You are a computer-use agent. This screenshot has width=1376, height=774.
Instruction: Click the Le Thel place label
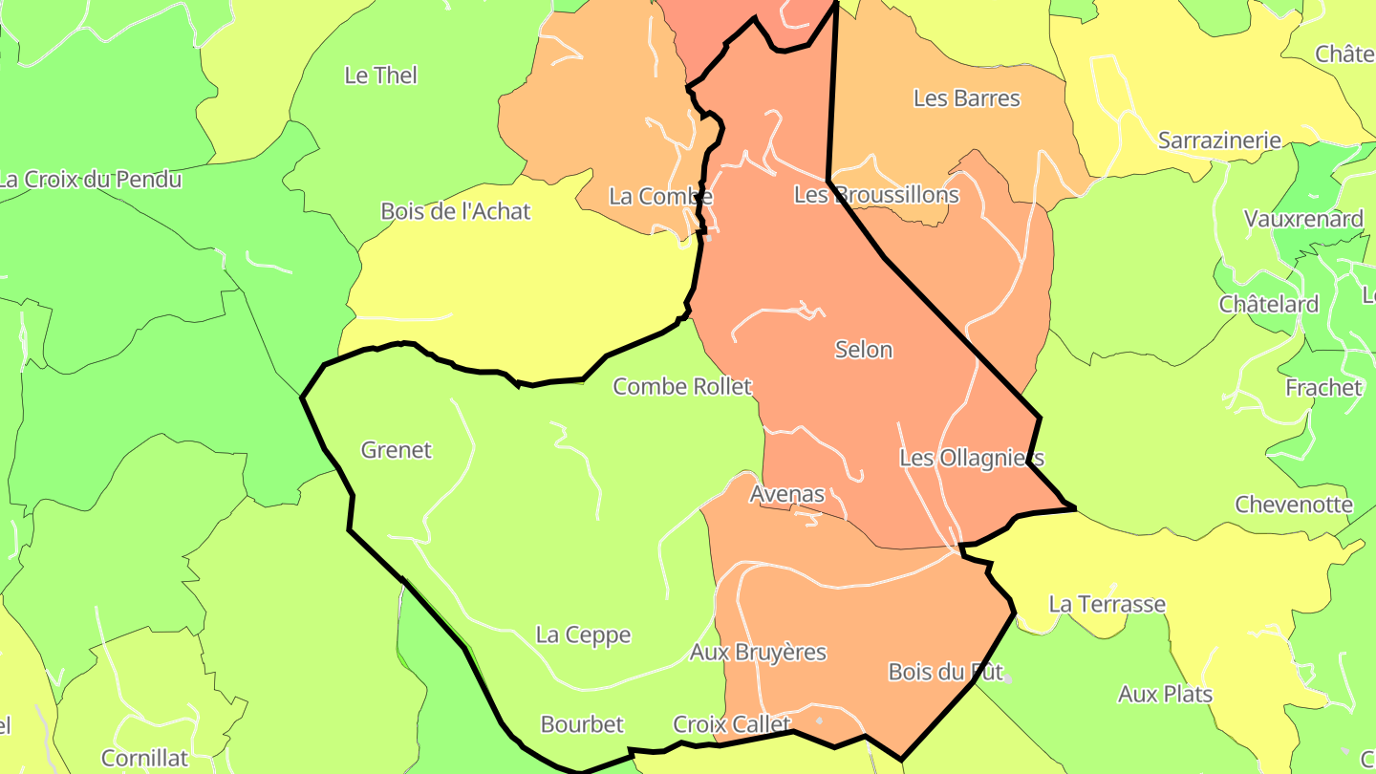point(380,75)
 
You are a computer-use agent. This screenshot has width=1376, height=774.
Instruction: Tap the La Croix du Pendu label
point(90,179)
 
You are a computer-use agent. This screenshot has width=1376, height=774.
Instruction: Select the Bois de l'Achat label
point(455,211)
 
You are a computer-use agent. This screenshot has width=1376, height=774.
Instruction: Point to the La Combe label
point(659,196)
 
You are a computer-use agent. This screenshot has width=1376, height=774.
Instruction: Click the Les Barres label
point(966,98)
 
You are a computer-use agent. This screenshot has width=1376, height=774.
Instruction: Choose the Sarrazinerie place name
point(1218,140)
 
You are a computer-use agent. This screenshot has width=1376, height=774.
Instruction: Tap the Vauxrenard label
point(1302,219)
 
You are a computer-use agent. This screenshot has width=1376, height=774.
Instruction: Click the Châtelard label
point(1268,305)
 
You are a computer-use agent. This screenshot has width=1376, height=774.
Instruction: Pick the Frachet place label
point(1322,388)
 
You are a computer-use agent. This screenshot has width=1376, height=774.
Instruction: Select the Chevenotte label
point(1293,505)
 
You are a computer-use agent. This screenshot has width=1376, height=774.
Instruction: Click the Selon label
point(863,350)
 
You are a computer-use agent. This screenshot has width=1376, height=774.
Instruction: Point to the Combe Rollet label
point(682,387)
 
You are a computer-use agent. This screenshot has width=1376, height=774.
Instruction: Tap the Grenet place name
point(396,450)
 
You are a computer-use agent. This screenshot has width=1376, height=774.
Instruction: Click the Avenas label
point(786,495)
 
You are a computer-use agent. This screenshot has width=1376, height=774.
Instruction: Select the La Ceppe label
point(583,635)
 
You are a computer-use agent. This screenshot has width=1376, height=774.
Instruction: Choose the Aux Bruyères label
point(758,653)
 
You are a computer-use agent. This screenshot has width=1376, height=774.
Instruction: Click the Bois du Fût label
point(944,672)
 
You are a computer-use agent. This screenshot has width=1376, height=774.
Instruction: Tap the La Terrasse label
point(1107,605)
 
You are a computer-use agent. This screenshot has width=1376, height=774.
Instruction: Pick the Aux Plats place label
point(1165,695)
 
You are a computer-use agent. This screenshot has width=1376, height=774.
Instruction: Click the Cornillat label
point(144,759)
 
